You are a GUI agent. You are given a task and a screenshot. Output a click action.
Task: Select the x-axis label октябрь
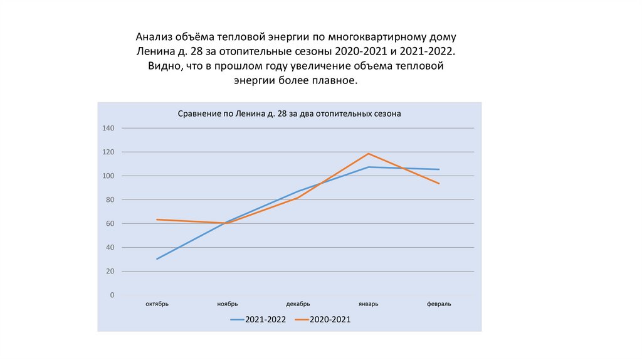pyautogui.click(x=157, y=304)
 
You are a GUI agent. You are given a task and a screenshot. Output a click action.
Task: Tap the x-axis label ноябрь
pyautogui.click(x=228, y=304)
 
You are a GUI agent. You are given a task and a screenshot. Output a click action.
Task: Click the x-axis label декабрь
pyautogui.click(x=298, y=304)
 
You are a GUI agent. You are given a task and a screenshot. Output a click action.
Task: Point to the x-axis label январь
pyautogui.click(x=369, y=304)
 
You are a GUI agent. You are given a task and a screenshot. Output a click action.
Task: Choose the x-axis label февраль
pyautogui.click(x=439, y=304)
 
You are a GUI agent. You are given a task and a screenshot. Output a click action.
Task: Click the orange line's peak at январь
pyautogui.click(x=369, y=154)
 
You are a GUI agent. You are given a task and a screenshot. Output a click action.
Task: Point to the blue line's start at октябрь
pyautogui.click(x=157, y=259)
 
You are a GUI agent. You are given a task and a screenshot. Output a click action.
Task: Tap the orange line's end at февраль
pyautogui.click(x=439, y=184)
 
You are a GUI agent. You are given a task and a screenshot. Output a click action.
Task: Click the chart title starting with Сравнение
pyautogui.click(x=289, y=114)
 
